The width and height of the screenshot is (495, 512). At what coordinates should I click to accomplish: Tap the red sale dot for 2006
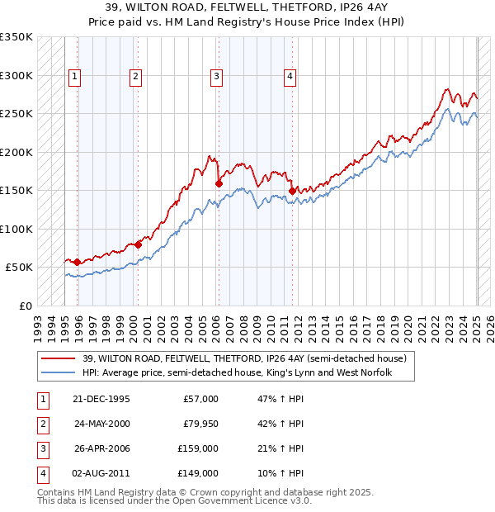(x=219, y=183)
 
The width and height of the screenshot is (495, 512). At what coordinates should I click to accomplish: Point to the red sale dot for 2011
(x=292, y=192)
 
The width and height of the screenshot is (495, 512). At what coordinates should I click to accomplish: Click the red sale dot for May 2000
(x=138, y=244)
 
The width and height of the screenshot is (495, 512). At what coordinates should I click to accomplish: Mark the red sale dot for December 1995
(x=78, y=262)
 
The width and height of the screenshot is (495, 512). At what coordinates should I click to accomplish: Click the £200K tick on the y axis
(x=16, y=153)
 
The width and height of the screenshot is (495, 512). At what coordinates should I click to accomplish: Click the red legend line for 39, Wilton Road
(x=58, y=359)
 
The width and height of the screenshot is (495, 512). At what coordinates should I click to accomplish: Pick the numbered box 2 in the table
(x=41, y=424)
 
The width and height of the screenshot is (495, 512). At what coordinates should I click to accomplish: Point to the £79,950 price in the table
(x=200, y=424)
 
